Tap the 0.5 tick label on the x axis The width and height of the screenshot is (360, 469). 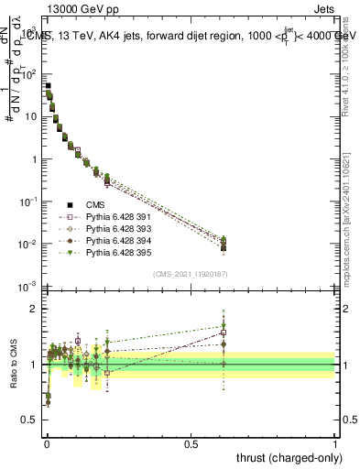tap(191, 443)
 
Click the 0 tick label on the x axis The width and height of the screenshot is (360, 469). tap(47, 443)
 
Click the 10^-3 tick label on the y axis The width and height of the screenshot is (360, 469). tap(27, 287)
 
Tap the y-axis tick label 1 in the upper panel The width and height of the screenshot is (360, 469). tap(34, 159)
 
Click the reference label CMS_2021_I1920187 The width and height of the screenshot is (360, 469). tap(191, 274)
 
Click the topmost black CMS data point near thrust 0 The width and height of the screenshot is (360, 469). tap(48, 85)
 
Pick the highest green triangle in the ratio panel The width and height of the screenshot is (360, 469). tap(222, 325)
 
